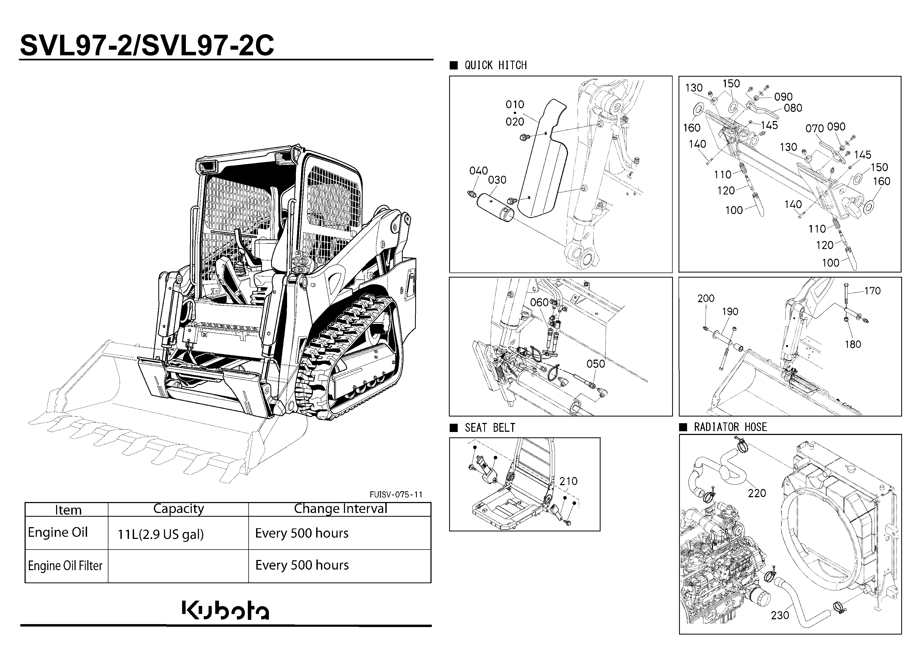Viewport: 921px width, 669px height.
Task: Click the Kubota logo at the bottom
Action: [x=225, y=610]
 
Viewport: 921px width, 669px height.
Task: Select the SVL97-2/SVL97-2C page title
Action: [x=147, y=45]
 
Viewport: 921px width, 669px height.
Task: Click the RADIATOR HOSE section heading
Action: [x=730, y=427]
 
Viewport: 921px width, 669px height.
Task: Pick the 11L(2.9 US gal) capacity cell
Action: [x=160, y=534]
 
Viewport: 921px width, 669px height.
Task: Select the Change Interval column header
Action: [x=340, y=508]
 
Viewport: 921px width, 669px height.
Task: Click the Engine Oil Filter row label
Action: [x=65, y=565]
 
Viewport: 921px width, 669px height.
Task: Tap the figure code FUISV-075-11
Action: [x=396, y=494]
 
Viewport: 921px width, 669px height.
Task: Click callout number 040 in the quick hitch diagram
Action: [x=478, y=171]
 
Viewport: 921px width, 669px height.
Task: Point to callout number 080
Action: [x=793, y=108]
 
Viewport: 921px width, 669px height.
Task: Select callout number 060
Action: [x=539, y=303]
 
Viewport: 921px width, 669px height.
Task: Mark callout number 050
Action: [x=596, y=364]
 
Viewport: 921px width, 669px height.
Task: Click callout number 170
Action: [x=872, y=291]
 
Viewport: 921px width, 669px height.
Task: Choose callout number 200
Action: [x=706, y=298]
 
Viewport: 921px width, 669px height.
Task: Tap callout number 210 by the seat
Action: [x=568, y=481]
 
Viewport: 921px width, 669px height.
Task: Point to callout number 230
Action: [x=780, y=615]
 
